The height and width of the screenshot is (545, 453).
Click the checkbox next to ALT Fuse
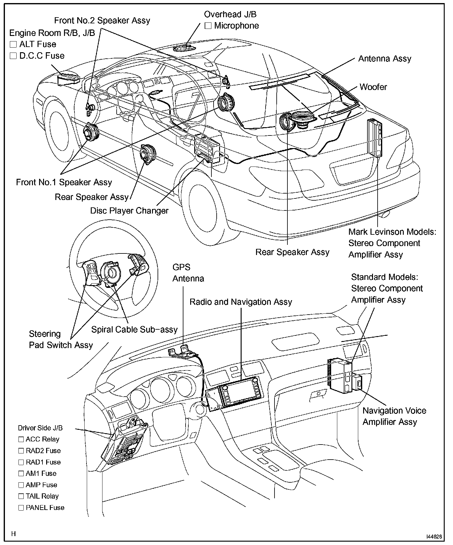pyautogui.click(x=13, y=45)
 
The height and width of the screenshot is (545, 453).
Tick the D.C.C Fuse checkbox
pyautogui.click(x=13, y=56)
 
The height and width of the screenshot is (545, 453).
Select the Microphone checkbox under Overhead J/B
pyautogui.click(x=208, y=26)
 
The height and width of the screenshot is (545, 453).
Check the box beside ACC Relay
pyautogui.click(x=21, y=439)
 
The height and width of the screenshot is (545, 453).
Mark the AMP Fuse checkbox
pyautogui.click(x=21, y=485)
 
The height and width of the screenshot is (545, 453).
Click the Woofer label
pyautogui.click(x=373, y=87)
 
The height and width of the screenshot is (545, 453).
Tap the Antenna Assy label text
pyautogui.click(x=384, y=59)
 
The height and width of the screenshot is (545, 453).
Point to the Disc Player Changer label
pyautogui.click(x=129, y=211)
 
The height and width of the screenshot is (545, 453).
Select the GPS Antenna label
pyautogui.click(x=188, y=273)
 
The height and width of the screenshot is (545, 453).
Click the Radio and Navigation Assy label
pyautogui.click(x=241, y=302)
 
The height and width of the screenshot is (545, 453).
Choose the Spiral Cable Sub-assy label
pyautogui.click(x=134, y=330)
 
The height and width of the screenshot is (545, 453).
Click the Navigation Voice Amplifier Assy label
pyautogui.click(x=394, y=416)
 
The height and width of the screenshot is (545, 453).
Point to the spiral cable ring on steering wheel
pyautogui.click(x=111, y=272)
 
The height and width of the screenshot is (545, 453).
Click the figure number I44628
pyautogui.click(x=434, y=537)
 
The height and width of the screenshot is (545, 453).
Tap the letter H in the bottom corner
pyautogui.click(x=14, y=534)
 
